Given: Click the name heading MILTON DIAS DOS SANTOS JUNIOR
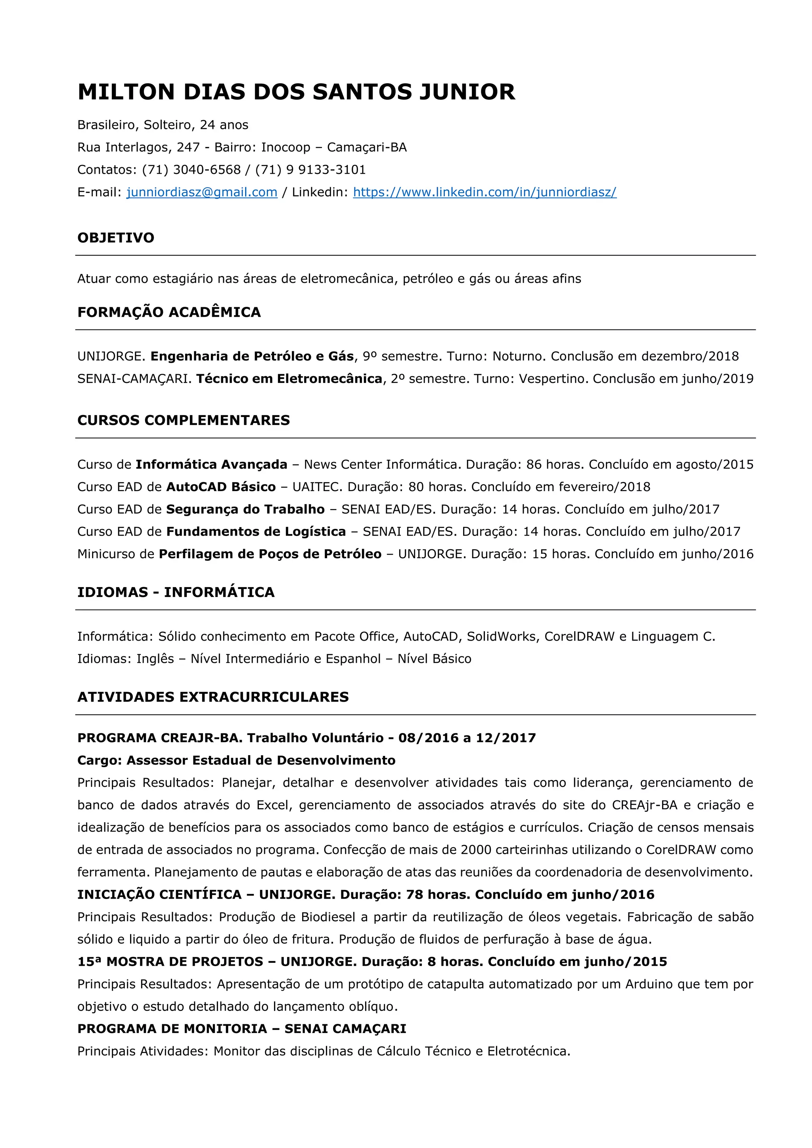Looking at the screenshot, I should click(x=296, y=92).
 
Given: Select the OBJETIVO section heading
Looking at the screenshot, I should click(x=115, y=237).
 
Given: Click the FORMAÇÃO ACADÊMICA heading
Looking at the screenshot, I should click(x=169, y=312).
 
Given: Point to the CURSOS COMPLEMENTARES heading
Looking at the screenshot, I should click(x=184, y=420).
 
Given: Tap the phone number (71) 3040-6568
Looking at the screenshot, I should click(x=192, y=170).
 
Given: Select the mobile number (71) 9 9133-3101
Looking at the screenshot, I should click(x=310, y=170).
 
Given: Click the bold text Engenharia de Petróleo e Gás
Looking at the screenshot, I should click(x=252, y=356).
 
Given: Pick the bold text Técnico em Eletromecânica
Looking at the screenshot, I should click(x=289, y=379).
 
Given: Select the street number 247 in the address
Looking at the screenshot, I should click(x=188, y=147).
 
